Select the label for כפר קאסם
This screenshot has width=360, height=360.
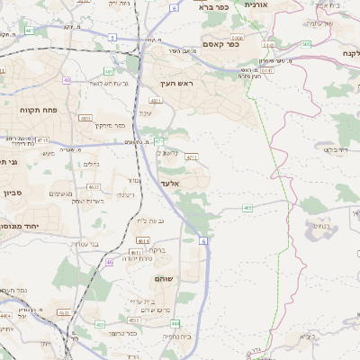(220, 43)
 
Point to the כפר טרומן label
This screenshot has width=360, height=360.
(120, 332)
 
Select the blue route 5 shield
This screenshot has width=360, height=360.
(112, 36)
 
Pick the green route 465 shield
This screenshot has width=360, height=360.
(247, 208)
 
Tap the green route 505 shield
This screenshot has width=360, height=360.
(306, 42)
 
